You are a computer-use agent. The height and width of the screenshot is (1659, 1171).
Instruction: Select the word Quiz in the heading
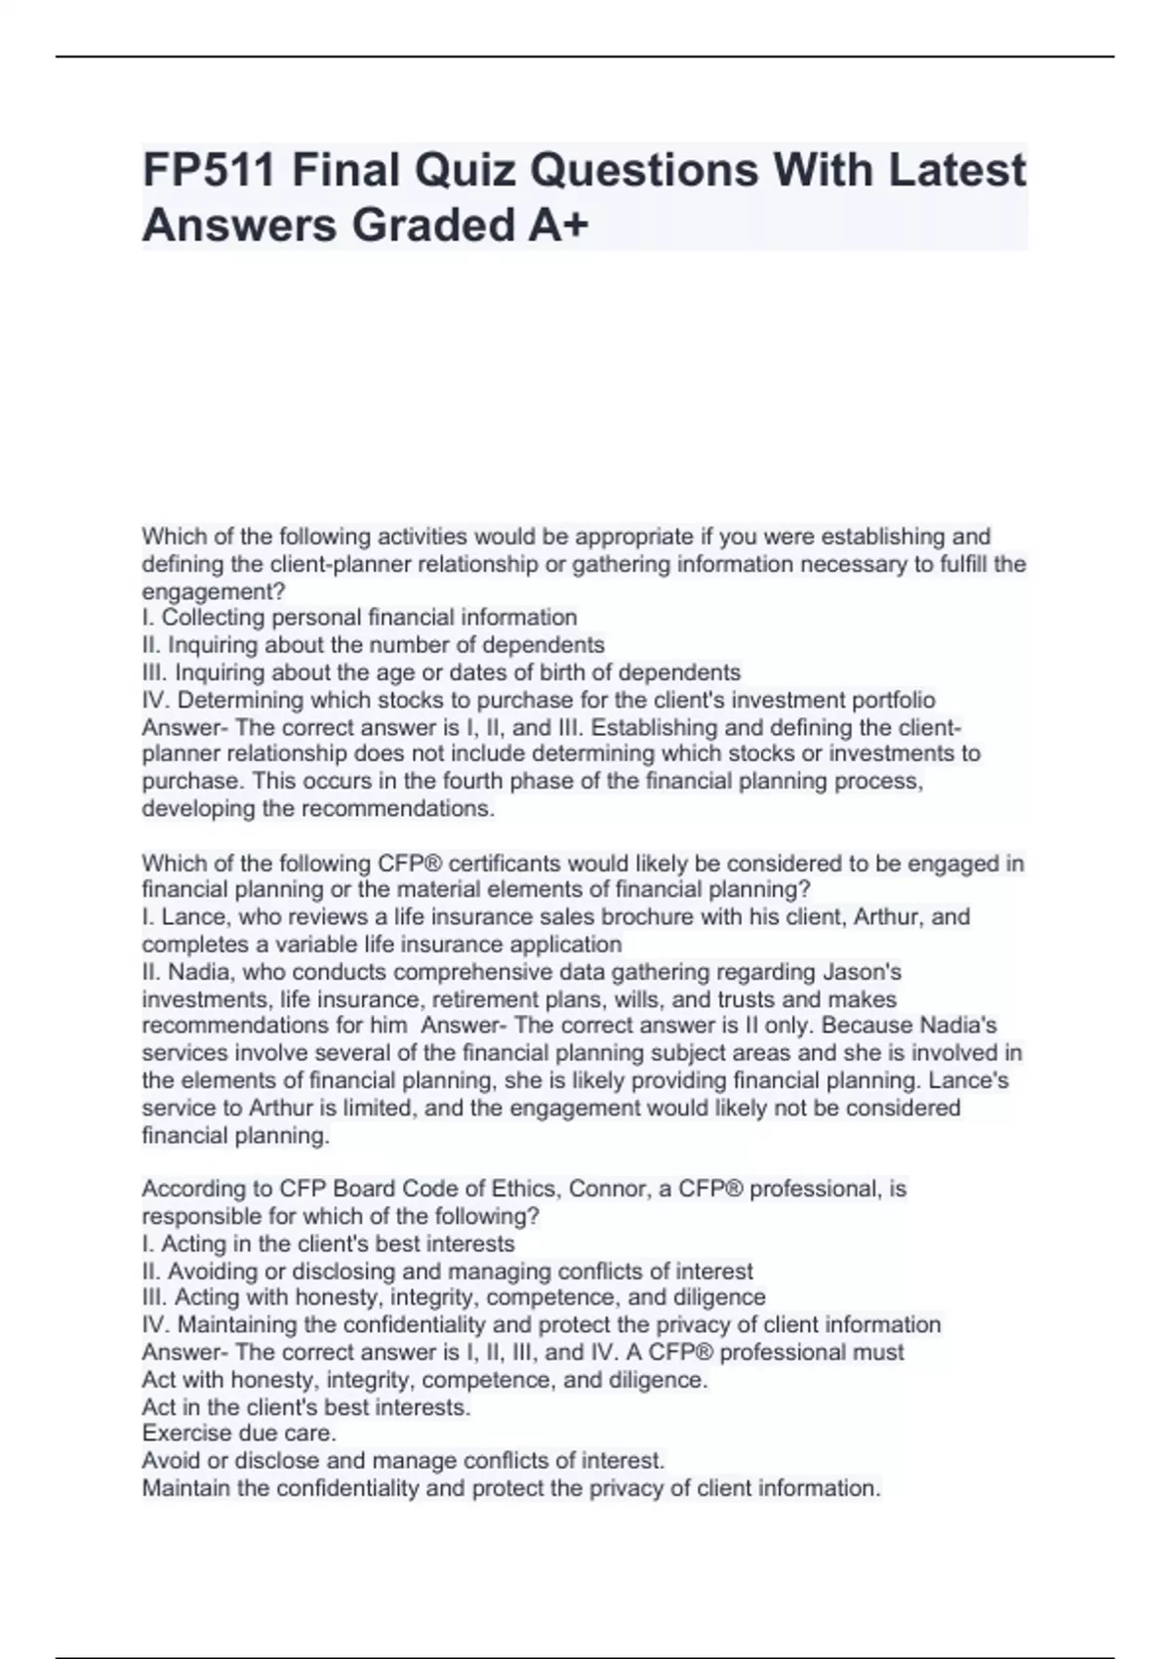[464, 171]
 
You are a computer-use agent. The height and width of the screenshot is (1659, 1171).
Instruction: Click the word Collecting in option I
[208, 618]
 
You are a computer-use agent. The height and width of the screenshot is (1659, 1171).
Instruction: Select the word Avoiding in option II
[208, 1272]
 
